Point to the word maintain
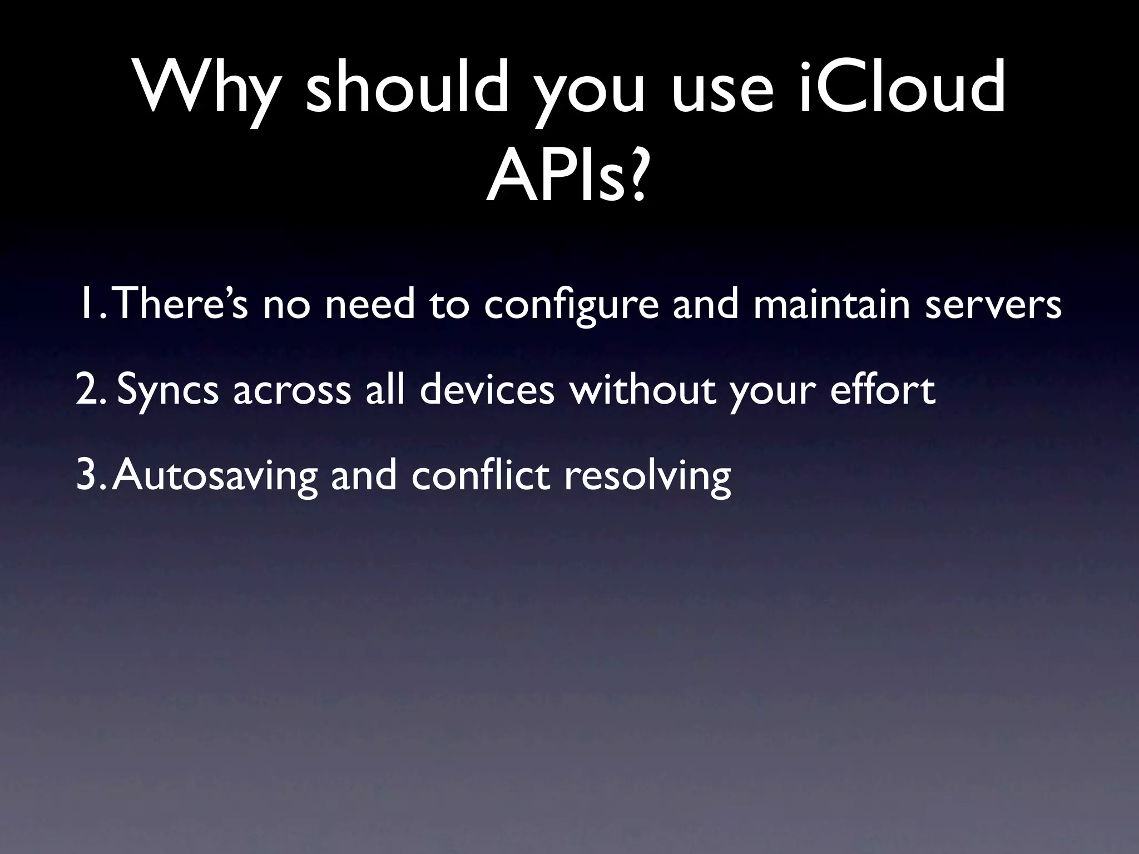[832, 304]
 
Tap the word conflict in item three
[481, 476]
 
